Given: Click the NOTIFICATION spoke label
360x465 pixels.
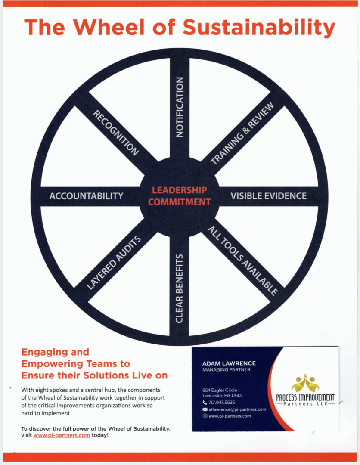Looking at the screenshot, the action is click(x=180, y=107).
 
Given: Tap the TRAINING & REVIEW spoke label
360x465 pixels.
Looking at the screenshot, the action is click(x=242, y=133).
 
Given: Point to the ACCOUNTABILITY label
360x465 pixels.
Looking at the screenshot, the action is click(x=86, y=196).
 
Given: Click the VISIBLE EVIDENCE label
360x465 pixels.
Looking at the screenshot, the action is click(x=269, y=196).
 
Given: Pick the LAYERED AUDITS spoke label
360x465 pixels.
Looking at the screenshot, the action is click(x=113, y=262).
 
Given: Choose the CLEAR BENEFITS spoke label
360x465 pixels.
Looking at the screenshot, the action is click(x=179, y=288).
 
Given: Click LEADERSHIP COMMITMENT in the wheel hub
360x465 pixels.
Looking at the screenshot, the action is click(x=180, y=196).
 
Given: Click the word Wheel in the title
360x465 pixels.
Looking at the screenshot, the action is click(x=109, y=27).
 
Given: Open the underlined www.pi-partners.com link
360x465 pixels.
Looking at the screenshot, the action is click(x=62, y=435).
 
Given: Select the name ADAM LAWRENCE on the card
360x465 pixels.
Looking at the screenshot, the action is click(x=229, y=363).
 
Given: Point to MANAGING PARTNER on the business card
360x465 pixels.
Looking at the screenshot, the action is click(x=226, y=370).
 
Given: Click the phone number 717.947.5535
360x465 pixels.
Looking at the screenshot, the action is click(x=221, y=403).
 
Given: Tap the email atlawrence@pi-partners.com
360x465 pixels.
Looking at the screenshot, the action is click(x=237, y=409).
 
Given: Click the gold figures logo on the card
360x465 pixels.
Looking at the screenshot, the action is click(x=305, y=383).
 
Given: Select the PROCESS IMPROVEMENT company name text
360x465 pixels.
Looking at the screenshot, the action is click(x=305, y=398).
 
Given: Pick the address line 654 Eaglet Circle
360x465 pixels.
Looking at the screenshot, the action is click(x=220, y=390).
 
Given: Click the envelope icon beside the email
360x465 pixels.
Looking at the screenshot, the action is click(x=205, y=409).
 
